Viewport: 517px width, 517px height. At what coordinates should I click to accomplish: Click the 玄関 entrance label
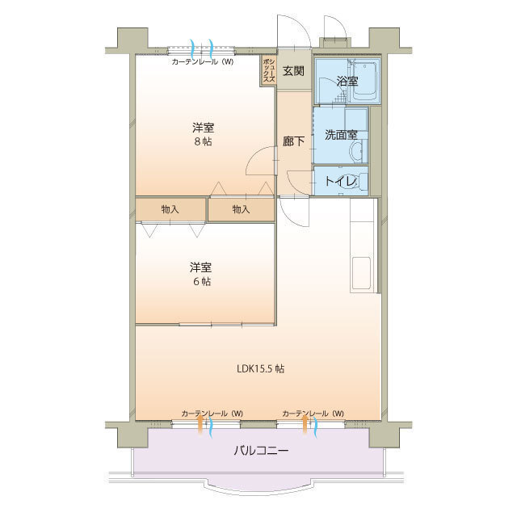click(293, 70)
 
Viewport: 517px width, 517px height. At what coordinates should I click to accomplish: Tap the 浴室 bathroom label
click(347, 81)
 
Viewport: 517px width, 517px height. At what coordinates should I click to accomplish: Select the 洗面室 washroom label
click(341, 135)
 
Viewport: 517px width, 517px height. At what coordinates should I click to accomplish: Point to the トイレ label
click(340, 181)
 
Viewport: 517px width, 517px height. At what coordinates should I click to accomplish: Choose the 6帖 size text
click(202, 281)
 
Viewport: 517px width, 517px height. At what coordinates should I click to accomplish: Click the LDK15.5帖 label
click(260, 368)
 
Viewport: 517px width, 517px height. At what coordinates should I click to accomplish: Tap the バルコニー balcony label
click(261, 449)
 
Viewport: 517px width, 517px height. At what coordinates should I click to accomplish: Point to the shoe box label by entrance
click(268, 70)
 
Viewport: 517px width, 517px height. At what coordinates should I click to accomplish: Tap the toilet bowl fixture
click(362, 181)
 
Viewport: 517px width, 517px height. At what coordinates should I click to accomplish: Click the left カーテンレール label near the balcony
click(212, 414)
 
